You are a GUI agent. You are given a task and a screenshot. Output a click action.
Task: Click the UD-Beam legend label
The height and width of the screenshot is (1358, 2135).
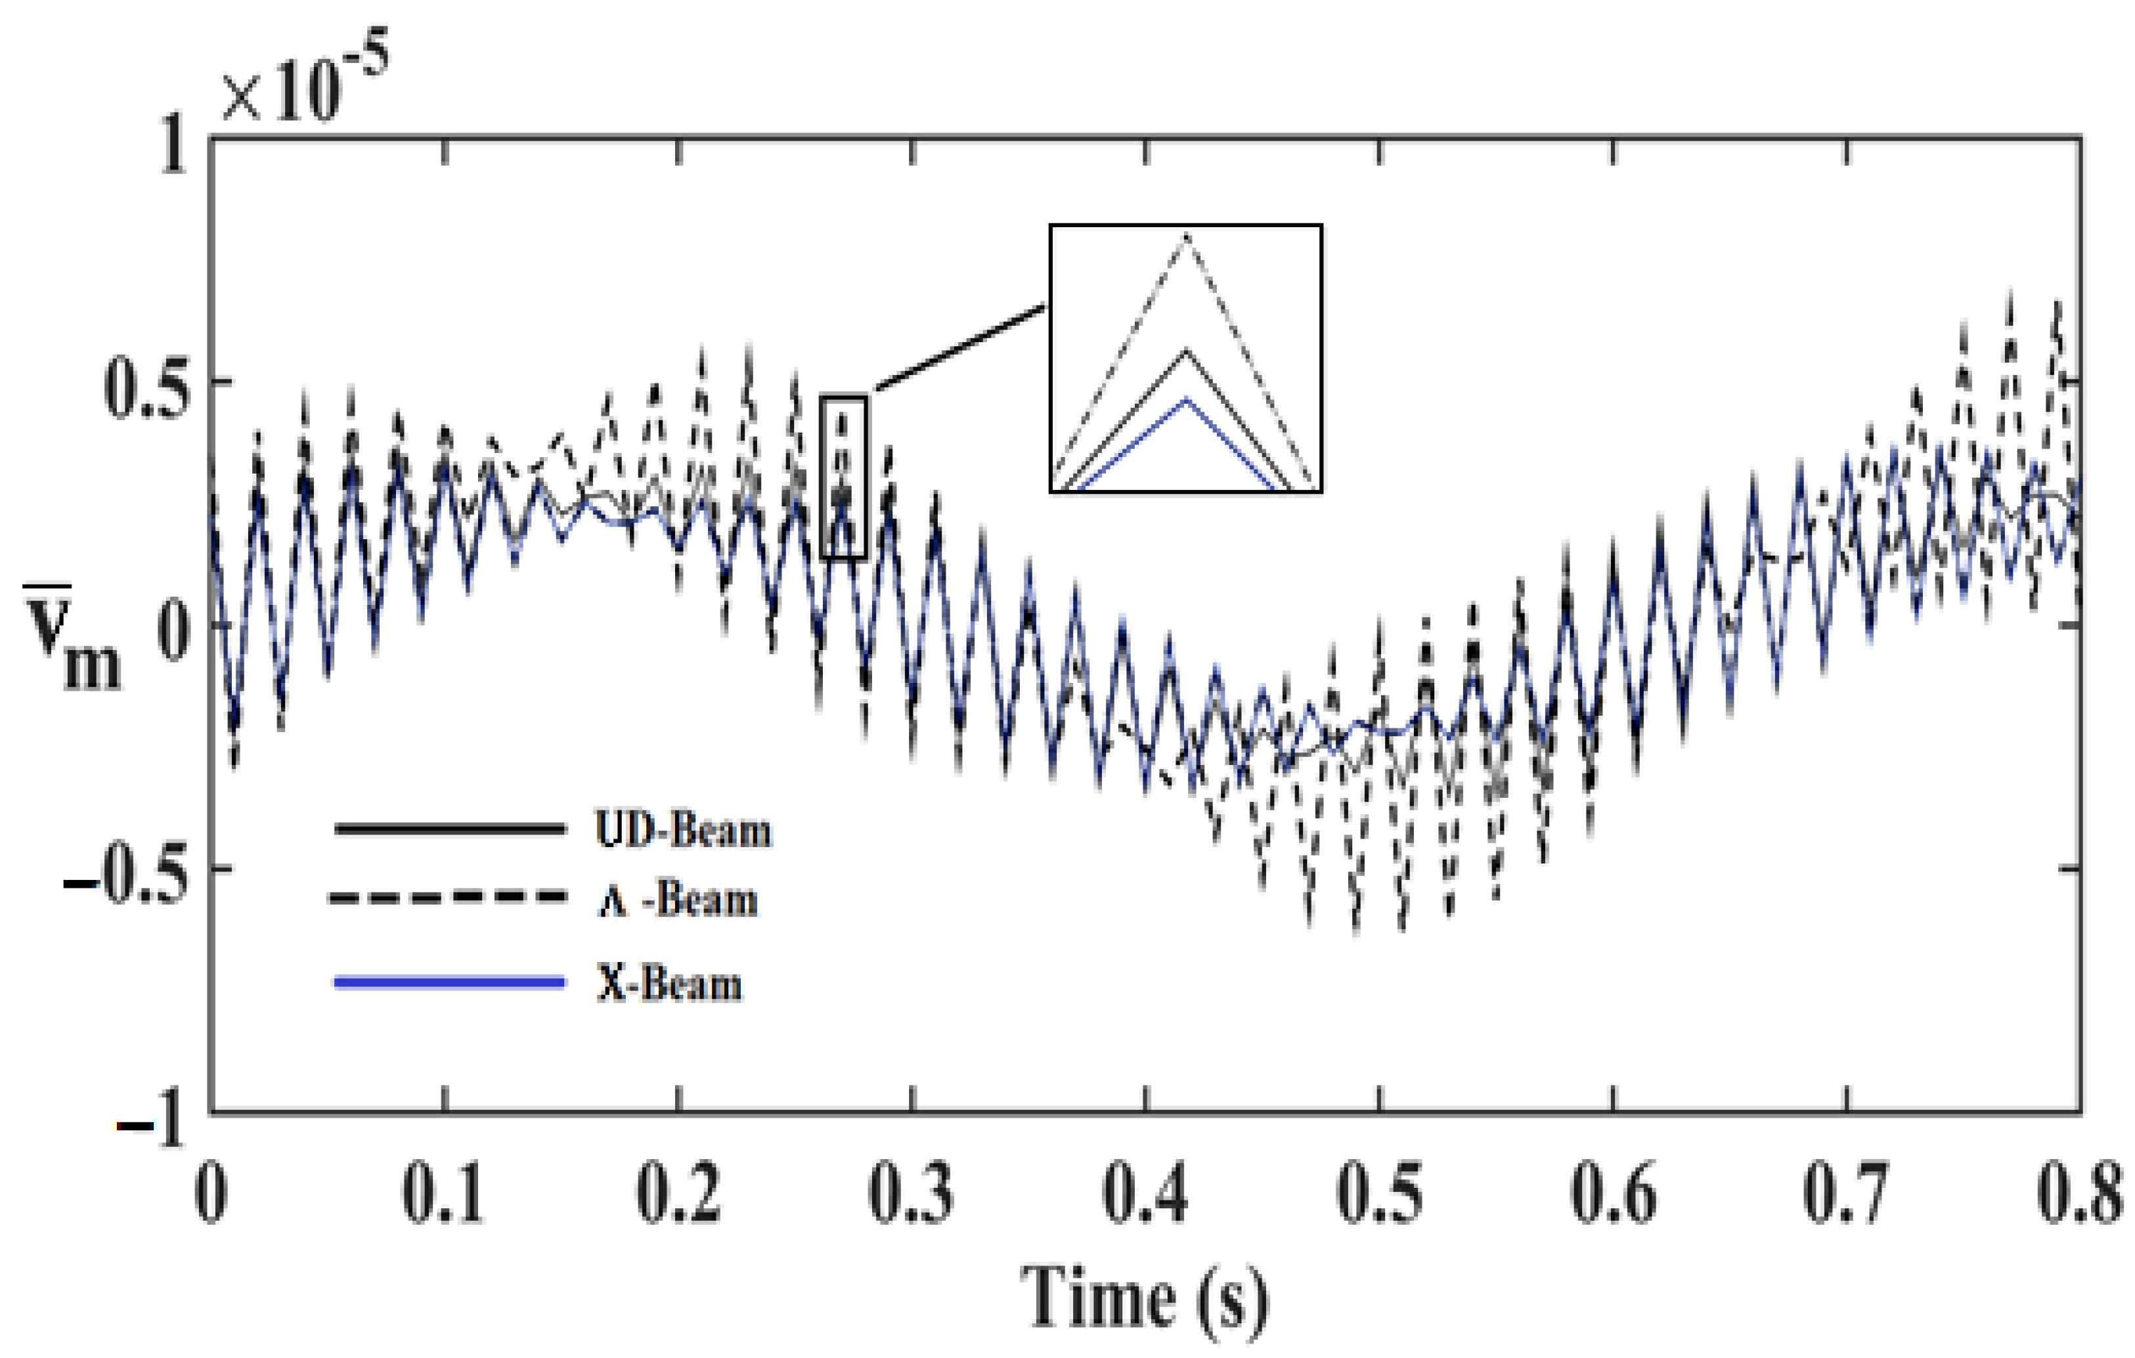coord(683,831)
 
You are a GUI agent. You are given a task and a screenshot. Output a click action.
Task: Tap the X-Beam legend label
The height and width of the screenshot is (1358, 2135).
coord(669,984)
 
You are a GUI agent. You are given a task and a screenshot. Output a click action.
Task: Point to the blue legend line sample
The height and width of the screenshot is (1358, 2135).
coord(449,981)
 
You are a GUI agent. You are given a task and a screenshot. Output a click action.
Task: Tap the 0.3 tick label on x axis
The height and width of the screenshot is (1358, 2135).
coord(912,1193)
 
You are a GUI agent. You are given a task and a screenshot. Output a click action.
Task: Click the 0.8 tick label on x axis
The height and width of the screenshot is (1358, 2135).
coord(2080,1193)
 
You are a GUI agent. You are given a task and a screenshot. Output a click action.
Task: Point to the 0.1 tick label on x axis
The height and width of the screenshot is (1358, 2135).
coord(443,1193)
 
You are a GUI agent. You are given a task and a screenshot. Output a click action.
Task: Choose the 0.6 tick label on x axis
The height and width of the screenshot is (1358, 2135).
coord(1613,1193)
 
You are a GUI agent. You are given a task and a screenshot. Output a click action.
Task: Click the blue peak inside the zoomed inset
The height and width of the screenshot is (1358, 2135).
coord(1185,401)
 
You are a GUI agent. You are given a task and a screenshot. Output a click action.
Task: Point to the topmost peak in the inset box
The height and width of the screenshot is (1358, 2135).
coord(1185,236)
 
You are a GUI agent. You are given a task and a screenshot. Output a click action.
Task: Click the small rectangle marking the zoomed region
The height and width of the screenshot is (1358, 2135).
coord(843,477)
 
